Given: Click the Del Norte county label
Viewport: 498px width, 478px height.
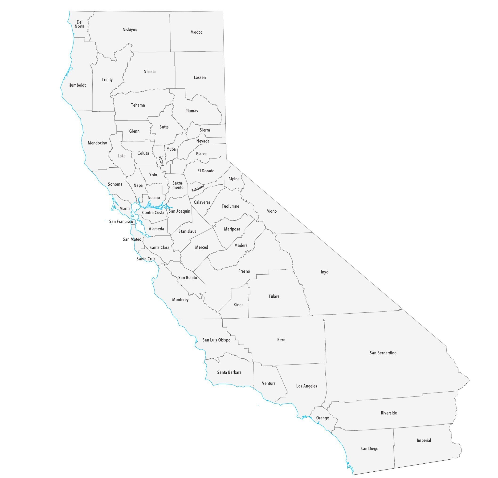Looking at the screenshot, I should click(80, 24).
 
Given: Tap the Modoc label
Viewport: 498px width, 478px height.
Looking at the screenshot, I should click(196, 32).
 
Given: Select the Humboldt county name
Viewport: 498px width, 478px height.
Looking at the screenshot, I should click(77, 85).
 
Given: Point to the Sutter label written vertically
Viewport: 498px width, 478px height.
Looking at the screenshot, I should click(161, 161).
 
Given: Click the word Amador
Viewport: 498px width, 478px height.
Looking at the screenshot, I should click(198, 188).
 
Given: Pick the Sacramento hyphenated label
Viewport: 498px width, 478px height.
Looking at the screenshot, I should click(178, 185).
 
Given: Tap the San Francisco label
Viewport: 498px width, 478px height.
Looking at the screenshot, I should click(121, 222).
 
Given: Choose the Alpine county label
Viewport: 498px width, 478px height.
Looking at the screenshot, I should click(234, 179).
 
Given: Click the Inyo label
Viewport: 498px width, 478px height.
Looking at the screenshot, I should click(324, 272).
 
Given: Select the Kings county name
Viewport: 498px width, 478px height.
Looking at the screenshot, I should click(238, 305).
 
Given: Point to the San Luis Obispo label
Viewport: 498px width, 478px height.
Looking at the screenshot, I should click(216, 340).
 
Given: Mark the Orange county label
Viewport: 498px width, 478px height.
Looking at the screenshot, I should click(322, 418).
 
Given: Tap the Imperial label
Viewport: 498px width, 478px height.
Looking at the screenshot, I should click(424, 440).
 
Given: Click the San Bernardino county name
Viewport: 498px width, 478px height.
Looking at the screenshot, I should click(383, 353).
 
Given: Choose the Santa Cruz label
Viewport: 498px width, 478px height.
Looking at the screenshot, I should click(146, 259).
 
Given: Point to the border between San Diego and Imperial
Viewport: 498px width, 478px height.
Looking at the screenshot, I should click(394, 447).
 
